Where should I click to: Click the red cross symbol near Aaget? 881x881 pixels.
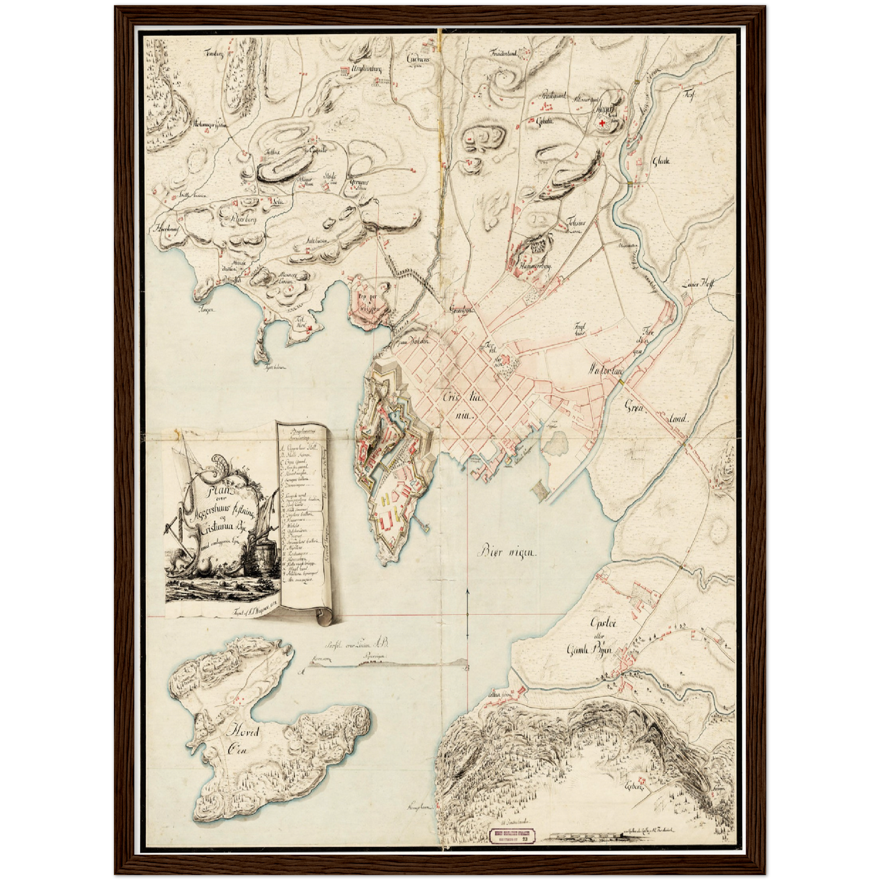coord(603,124)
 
